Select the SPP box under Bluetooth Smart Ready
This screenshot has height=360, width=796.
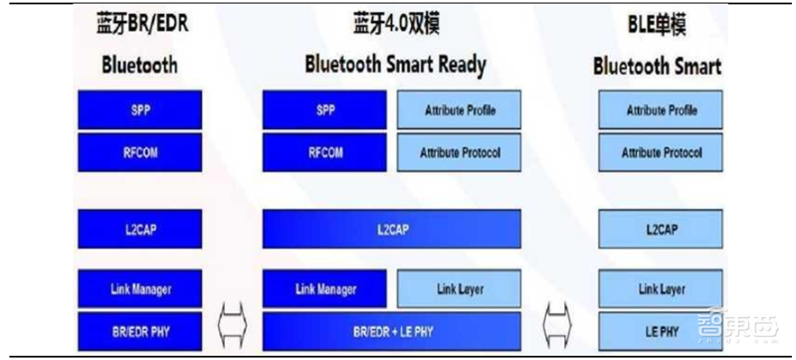[324, 109]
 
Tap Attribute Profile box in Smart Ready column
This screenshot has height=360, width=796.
[459, 109]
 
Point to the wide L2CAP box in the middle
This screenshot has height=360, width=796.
[391, 229]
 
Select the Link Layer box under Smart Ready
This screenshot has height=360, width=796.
[459, 289]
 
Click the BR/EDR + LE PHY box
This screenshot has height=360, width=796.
[391, 328]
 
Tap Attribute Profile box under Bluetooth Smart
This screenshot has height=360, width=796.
[660, 109]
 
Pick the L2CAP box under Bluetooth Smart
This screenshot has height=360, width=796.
[660, 229]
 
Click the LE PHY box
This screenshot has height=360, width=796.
[660, 328]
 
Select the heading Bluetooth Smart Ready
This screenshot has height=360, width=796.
[395, 66]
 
